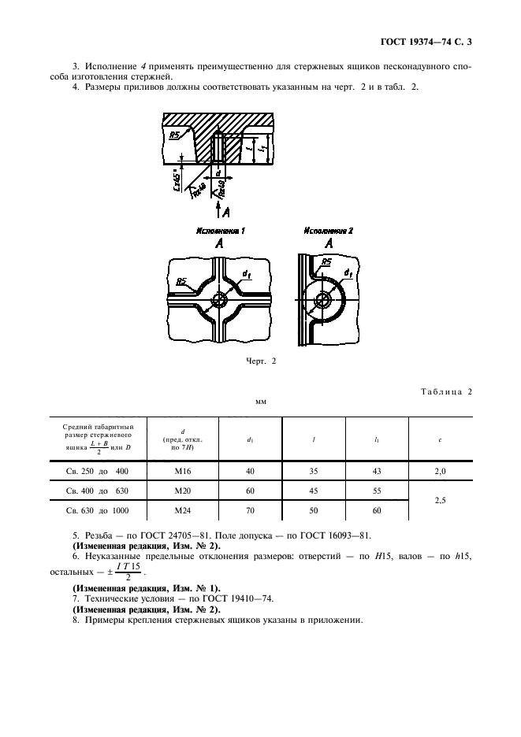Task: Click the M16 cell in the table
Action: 183,471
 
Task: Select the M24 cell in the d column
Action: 183,511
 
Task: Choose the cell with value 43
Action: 376,471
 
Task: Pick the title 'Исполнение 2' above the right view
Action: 326,231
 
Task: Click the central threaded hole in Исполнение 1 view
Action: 218,302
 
